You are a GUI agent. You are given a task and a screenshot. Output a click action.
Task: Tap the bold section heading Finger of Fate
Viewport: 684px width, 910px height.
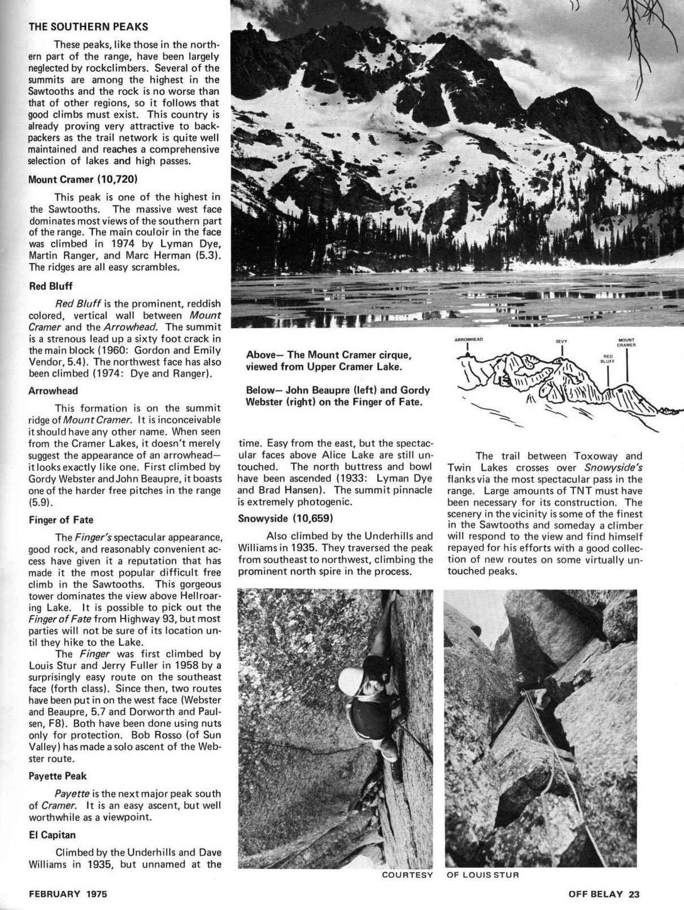pos(61,520)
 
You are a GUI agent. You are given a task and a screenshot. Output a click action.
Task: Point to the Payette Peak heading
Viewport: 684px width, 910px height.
pos(58,776)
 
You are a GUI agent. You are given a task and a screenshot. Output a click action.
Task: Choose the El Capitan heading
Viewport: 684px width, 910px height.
pos(52,834)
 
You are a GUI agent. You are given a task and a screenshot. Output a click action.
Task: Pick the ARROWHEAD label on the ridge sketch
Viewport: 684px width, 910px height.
pos(469,339)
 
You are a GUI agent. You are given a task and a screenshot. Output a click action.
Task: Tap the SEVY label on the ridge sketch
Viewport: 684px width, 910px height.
pos(561,341)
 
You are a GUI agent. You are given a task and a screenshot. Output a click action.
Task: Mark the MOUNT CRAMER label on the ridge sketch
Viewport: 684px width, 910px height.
pos(627,342)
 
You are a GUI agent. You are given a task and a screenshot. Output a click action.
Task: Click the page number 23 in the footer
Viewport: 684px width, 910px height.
pos(634,894)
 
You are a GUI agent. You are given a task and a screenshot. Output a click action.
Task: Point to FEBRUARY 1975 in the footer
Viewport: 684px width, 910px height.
pos(68,894)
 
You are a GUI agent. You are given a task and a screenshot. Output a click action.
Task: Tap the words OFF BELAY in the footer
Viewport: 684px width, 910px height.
pos(595,894)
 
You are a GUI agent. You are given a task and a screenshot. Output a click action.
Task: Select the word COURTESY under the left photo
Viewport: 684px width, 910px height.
pos(407,875)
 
